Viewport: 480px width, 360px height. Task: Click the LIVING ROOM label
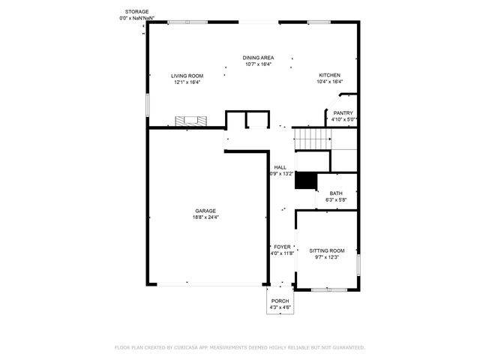tap(187, 76)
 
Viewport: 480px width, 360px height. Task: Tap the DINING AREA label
tap(257, 58)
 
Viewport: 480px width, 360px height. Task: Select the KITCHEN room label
tap(330, 76)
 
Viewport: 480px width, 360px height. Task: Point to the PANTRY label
tap(343, 113)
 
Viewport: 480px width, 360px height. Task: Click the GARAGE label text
tap(205, 211)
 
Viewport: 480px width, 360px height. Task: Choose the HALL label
tap(280, 167)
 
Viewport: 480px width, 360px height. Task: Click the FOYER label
tap(282, 247)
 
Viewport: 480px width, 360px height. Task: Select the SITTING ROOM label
tap(327, 250)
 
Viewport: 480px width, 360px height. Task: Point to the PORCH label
tap(280, 301)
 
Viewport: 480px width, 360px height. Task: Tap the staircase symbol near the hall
tap(312, 139)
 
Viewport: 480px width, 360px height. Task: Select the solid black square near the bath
tap(305, 181)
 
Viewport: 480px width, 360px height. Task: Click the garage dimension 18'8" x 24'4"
tap(205, 217)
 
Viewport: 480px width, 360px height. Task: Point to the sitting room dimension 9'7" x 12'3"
tap(327, 257)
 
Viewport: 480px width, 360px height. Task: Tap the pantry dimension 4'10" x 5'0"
tap(343, 120)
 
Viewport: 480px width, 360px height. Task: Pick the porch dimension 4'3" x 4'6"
tap(280, 307)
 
